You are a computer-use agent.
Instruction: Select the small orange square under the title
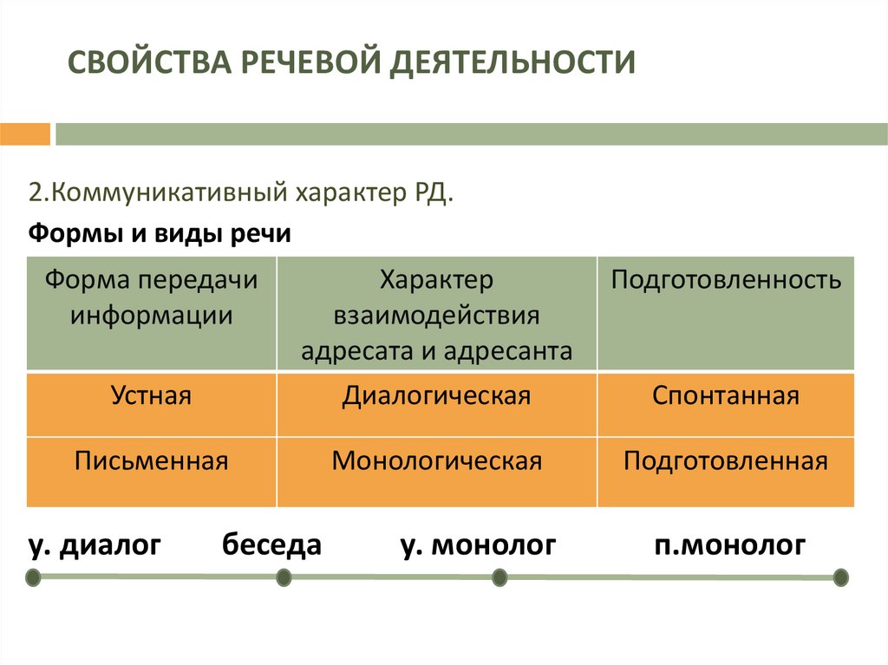coord(25,134)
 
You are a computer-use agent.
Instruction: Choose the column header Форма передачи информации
coord(152,297)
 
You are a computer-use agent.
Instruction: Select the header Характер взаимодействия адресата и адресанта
coord(436,315)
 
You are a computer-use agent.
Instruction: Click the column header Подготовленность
coord(725,280)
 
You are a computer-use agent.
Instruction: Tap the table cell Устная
coord(151,396)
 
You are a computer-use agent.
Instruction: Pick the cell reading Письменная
coord(151,460)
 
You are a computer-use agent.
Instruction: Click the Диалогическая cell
coord(436,396)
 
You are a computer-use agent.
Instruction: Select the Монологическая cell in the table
coord(436,460)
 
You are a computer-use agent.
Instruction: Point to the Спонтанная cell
coord(725,396)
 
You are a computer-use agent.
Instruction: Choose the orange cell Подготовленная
coord(725,460)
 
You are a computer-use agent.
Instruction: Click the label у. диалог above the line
coord(95,544)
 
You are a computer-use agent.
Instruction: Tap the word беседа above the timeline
coord(271,544)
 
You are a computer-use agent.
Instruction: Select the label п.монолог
coord(729,544)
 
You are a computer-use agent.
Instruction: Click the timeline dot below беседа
coord(283,577)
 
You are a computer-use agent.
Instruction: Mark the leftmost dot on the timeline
coord(32,577)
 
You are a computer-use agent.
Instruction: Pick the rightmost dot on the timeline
coord(839,577)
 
